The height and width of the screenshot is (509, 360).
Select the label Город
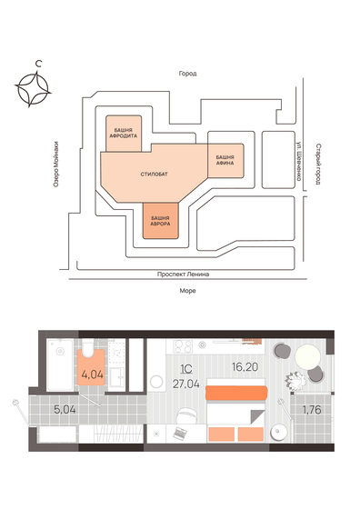click(x=188, y=73)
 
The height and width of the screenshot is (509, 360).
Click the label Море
click(x=188, y=290)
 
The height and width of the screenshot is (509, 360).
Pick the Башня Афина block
click(x=226, y=158)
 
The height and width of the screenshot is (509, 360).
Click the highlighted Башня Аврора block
click(x=160, y=221)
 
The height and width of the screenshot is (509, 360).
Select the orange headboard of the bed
click(x=235, y=393)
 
